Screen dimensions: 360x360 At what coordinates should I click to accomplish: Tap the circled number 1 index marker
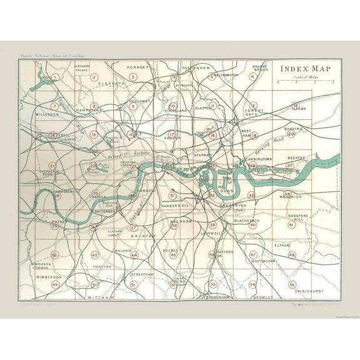pyautogui.click(x=55, y=77)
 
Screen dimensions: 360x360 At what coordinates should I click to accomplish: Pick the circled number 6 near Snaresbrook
pyautogui.click(x=252, y=77)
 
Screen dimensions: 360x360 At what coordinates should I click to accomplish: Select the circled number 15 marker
pyautogui.click(x=94, y=134)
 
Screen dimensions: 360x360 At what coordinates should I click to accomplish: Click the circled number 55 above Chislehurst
pyautogui.click(x=292, y=284)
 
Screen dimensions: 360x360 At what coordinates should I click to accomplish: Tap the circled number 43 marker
pyautogui.click(x=94, y=255)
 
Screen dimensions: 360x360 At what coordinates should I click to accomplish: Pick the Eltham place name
pyautogui.click(x=282, y=246)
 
